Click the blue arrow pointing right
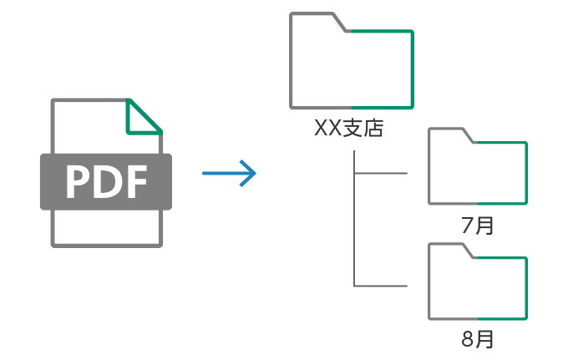point(229,174)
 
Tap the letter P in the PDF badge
point(78,182)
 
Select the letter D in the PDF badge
point(106,182)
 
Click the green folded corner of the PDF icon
point(141,118)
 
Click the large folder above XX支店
point(351,67)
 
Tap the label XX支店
point(348,129)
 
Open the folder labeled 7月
point(477,171)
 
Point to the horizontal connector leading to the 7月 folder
point(381,174)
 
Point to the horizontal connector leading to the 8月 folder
point(381,286)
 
